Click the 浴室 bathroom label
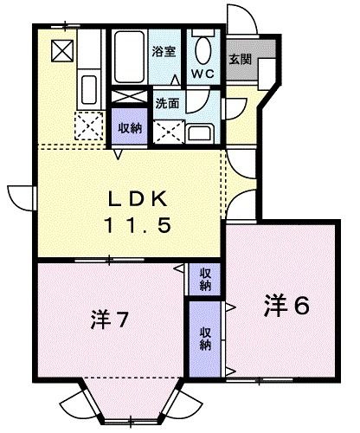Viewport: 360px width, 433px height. (164, 51)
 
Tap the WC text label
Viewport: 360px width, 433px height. (204, 74)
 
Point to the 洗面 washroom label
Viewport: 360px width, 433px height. (167, 103)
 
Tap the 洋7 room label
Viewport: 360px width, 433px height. (110, 320)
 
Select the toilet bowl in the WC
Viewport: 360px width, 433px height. (205, 48)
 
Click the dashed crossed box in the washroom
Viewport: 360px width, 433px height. (169, 129)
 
